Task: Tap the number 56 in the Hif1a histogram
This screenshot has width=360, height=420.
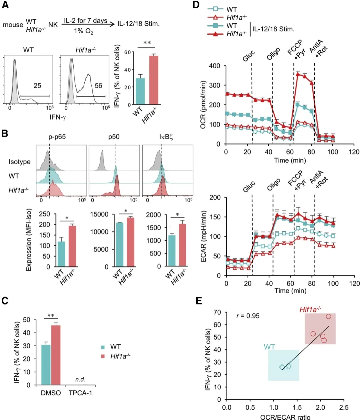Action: [x=98, y=86]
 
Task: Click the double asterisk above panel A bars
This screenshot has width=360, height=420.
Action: [x=147, y=43]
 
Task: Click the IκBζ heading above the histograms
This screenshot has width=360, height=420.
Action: [x=166, y=137]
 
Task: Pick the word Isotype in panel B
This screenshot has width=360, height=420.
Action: [x=20, y=162]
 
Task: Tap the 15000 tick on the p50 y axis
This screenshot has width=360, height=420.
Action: [x=100, y=214]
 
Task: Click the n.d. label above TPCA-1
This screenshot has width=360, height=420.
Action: [x=80, y=379]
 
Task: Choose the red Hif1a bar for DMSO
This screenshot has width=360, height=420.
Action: [x=55, y=355]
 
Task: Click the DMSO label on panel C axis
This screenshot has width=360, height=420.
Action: [x=51, y=393]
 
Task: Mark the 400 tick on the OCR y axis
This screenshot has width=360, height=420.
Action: [x=215, y=66]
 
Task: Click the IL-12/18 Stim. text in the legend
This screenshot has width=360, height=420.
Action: [x=273, y=29]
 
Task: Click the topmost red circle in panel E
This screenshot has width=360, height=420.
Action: [x=328, y=316]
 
